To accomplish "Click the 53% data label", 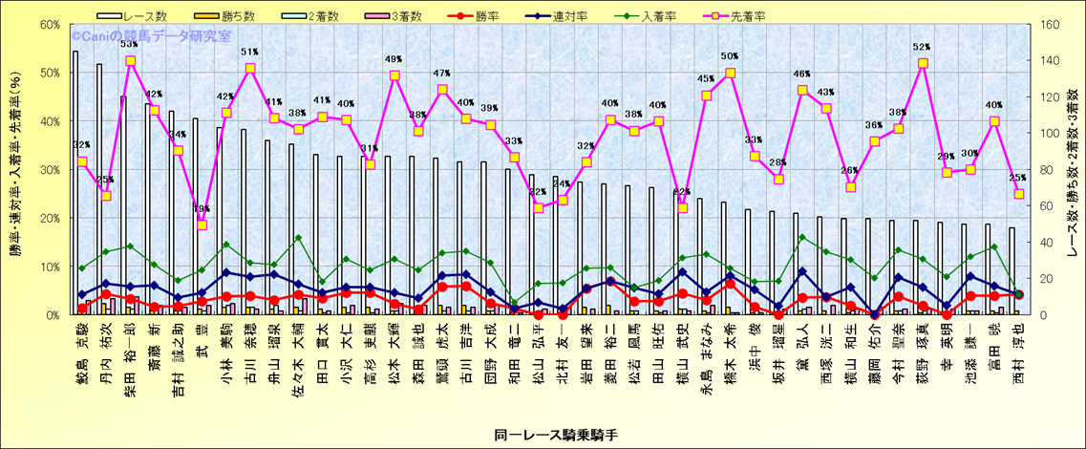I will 129,44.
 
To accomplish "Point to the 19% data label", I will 202,208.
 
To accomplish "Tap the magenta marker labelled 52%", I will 923,63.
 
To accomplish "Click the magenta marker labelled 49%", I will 394,75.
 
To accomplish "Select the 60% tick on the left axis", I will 49,25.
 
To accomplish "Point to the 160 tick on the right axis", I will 1048,25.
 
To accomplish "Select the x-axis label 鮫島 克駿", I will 81,352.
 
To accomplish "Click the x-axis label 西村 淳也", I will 1018,352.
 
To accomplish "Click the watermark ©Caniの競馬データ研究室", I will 152,36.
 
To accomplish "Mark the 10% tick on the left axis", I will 49,266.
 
